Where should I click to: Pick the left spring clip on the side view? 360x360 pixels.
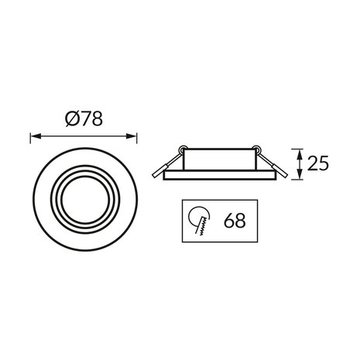pos(166,165)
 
